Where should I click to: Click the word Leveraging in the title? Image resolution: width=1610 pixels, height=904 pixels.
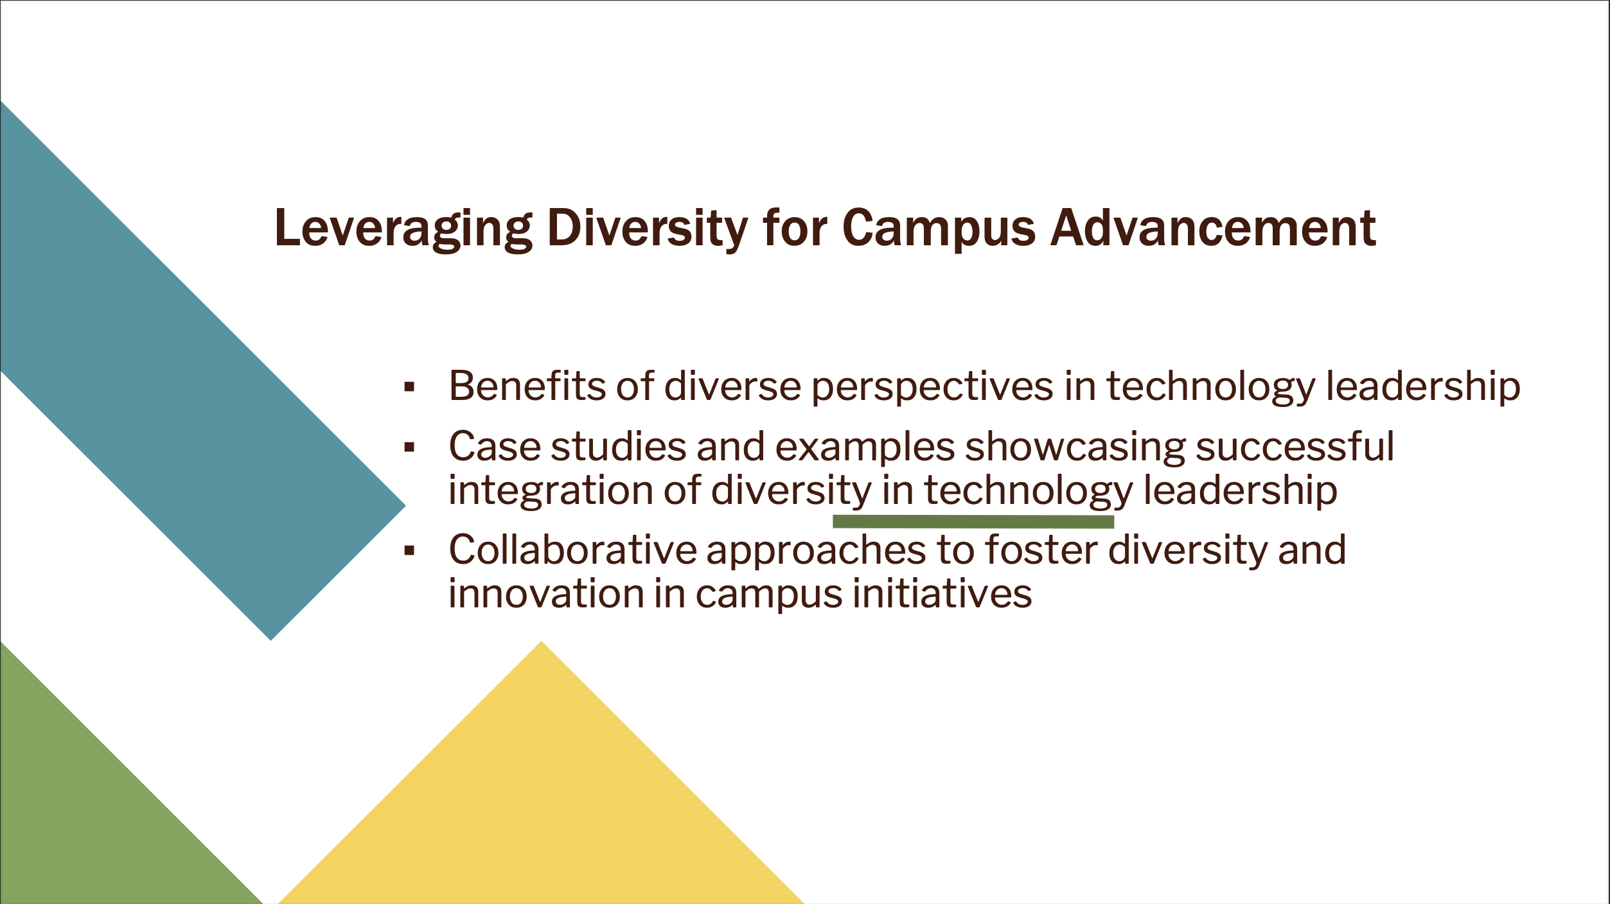click(x=403, y=229)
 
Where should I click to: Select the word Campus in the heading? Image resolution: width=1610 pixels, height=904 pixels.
click(x=939, y=229)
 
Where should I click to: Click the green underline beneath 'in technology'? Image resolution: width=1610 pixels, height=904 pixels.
click(x=973, y=521)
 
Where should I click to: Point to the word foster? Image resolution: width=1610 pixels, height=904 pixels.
click(x=1041, y=550)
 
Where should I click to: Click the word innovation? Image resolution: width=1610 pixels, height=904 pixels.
click(x=546, y=594)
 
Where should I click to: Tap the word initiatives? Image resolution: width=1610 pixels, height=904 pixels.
click(x=942, y=594)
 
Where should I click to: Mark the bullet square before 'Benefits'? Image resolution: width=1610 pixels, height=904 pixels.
click(x=409, y=387)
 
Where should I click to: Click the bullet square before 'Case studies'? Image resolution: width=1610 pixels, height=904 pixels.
click(x=409, y=448)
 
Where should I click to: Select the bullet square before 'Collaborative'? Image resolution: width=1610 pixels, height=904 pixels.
click(x=409, y=550)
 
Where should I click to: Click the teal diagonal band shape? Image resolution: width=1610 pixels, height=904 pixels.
click(x=193, y=366)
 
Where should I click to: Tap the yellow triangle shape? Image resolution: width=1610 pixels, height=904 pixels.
click(x=542, y=790)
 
